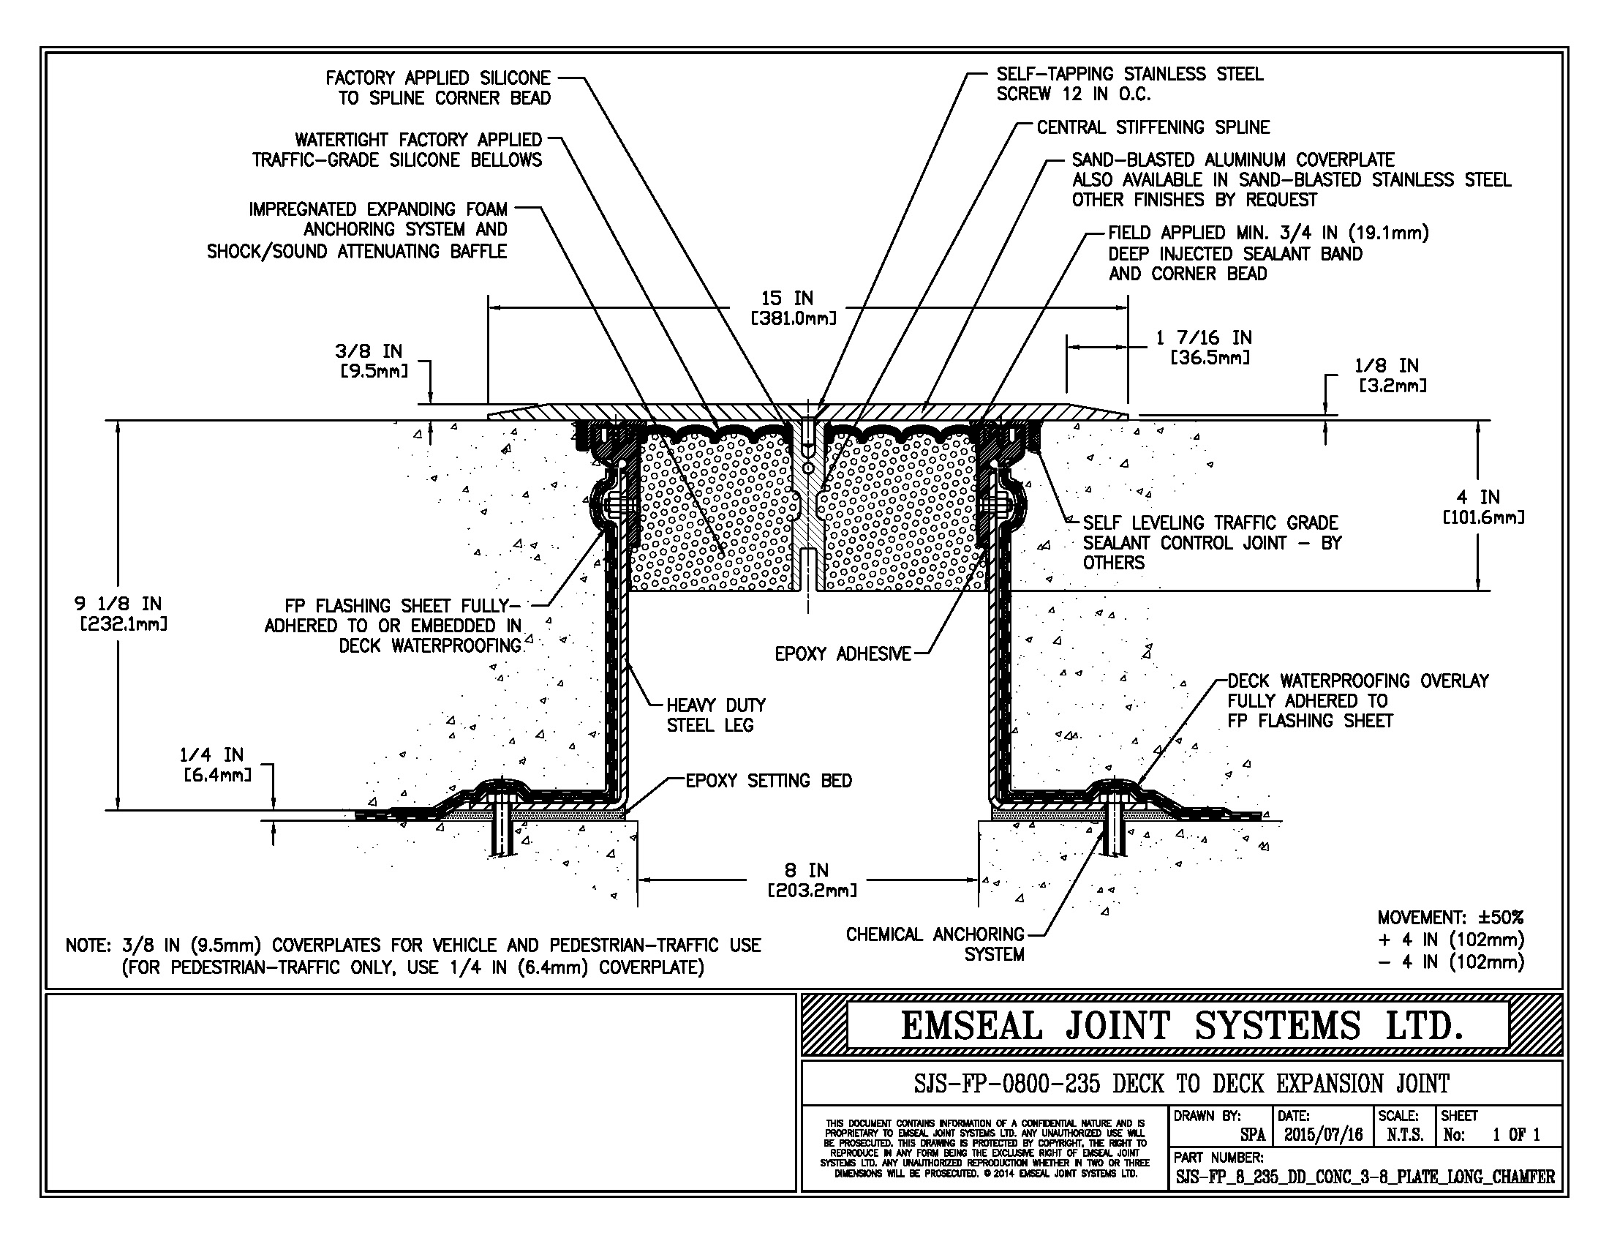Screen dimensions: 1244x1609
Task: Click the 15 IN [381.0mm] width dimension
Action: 793,308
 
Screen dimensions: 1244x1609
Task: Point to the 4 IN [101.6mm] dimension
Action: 1483,507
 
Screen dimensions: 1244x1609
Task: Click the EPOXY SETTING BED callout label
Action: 769,782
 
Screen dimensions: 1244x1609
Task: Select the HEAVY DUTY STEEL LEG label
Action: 715,715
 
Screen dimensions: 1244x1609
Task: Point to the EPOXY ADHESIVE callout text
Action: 843,653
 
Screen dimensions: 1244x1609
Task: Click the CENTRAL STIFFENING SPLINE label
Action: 1153,127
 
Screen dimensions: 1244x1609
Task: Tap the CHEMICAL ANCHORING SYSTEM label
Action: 935,944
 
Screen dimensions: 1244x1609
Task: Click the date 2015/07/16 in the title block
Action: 1323,1135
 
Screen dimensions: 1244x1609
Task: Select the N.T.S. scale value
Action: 1404,1135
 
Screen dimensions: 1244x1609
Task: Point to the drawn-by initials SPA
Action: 1251,1135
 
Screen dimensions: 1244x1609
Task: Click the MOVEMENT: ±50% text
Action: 1450,918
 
